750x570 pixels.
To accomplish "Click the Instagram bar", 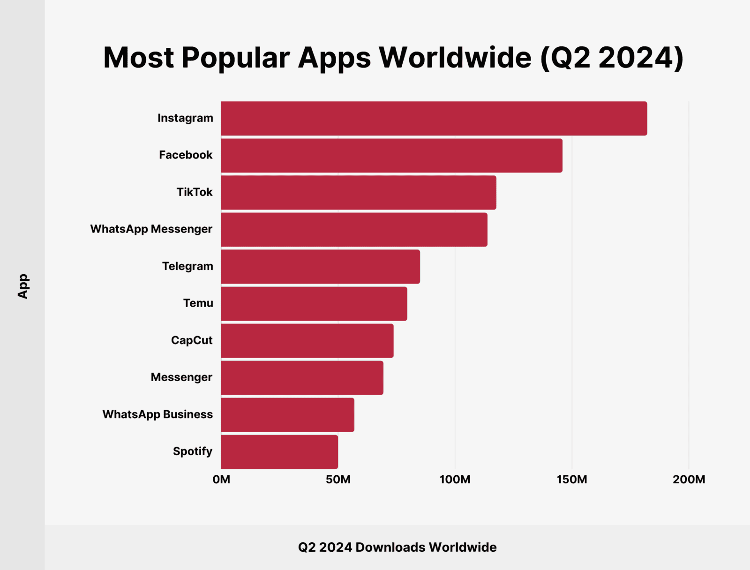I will (434, 119).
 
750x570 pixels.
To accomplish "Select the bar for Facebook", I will (391, 156).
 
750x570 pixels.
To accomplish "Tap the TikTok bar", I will (358, 193).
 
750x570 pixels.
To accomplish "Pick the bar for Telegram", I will (320, 267).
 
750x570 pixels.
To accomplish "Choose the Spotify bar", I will (279, 452).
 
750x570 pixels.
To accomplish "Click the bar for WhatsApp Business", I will (287, 415).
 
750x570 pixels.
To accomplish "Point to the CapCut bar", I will (307, 341).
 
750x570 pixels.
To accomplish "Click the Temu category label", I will (198, 303).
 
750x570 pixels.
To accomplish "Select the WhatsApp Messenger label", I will (151, 229).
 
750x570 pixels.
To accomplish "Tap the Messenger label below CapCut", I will (181, 377).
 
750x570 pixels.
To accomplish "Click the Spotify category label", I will (192, 451).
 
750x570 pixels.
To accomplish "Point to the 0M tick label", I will (221, 480).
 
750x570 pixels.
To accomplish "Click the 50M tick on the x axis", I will (338, 480).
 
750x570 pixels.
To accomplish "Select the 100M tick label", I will (455, 480).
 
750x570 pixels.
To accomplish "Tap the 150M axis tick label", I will (572, 480).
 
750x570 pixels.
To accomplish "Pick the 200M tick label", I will (689, 480).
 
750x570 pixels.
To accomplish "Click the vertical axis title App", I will (23, 286).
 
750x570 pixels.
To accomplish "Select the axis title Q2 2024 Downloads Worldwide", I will (397, 547).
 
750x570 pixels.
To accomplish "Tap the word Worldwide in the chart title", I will (455, 58).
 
